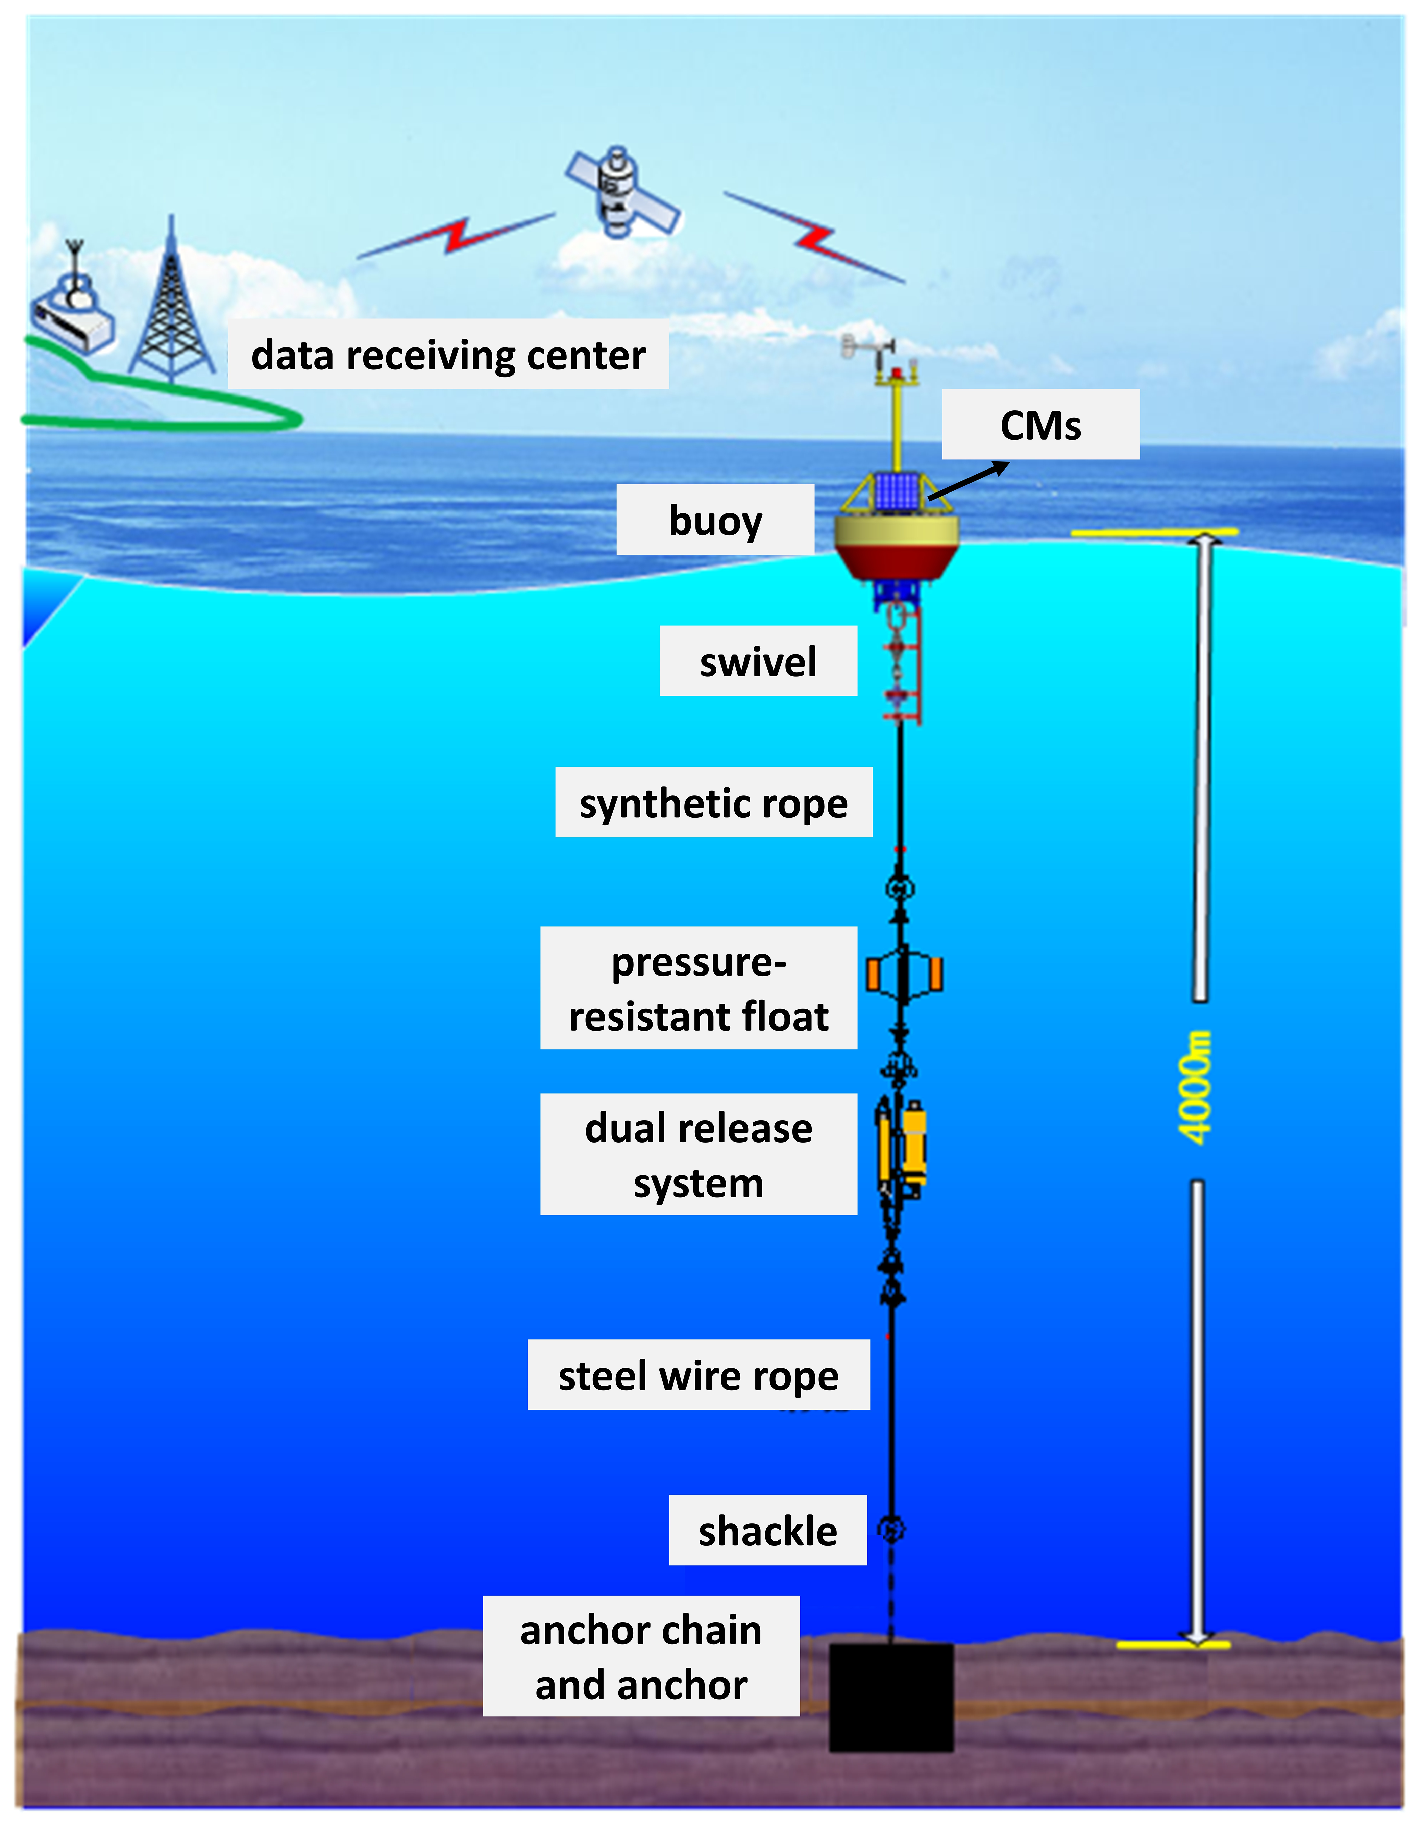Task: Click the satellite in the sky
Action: [620, 192]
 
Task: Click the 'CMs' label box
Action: [1041, 425]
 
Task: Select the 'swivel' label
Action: [758, 661]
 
